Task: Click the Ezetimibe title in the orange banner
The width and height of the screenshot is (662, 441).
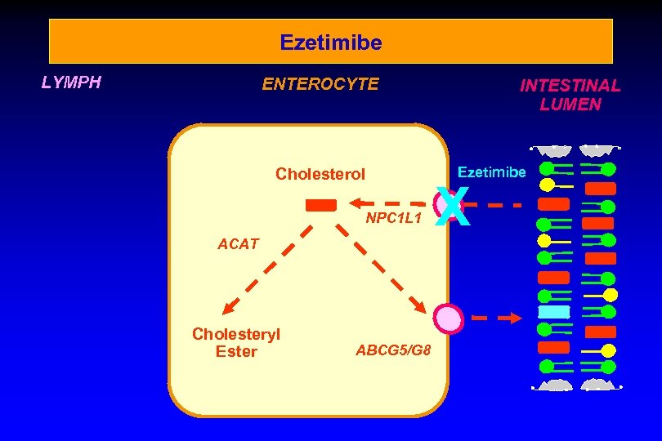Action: (330, 42)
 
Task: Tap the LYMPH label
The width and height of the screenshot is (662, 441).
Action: (71, 82)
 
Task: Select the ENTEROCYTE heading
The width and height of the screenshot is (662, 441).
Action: (320, 84)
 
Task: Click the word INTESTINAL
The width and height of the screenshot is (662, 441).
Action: (570, 85)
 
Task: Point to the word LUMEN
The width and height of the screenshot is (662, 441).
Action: (570, 105)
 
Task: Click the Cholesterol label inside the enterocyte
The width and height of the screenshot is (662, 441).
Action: (320, 174)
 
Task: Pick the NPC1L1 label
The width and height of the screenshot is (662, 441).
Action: (393, 219)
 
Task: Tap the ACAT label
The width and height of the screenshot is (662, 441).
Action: (238, 243)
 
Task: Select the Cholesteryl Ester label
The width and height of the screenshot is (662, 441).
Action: (236, 343)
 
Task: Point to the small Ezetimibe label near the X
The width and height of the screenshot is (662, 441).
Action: (491, 172)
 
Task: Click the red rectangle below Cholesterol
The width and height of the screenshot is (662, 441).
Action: (320, 205)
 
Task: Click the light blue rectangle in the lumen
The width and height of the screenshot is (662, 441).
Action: (553, 312)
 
